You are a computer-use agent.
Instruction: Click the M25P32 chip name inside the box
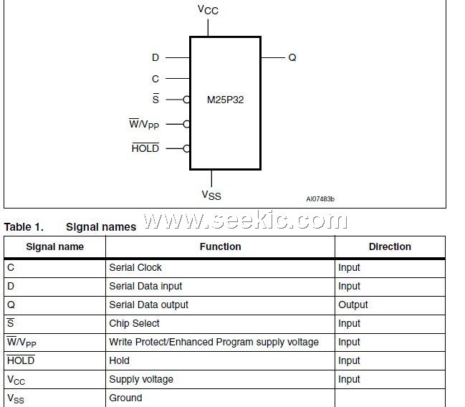click(225, 100)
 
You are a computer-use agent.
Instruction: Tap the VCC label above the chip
click(208, 10)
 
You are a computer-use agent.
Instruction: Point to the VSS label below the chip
click(211, 195)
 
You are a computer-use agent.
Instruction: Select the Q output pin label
click(292, 57)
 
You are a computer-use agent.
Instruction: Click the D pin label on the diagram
click(155, 57)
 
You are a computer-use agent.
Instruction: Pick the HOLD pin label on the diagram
click(145, 148)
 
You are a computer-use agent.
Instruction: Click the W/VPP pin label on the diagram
click(143, 125)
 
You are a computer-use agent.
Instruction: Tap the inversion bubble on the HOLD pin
click(186, 148)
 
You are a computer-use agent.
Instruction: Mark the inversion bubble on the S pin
click(186, 100)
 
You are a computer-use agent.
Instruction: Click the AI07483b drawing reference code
click(320, 199)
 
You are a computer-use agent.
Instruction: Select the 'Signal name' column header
click(55, 246)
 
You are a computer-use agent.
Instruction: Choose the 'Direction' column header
click(390, 246)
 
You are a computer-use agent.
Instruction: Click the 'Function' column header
click(220, 246)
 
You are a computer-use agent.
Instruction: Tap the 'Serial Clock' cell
click(135, 267)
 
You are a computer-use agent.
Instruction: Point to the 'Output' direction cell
click(353, 305)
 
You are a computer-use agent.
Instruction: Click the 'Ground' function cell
click(125, 398)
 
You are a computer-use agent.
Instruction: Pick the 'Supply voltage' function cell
click(141, 379)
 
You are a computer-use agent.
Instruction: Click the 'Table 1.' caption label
click(24, 227)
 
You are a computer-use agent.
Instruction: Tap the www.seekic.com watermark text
click(245, 221)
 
